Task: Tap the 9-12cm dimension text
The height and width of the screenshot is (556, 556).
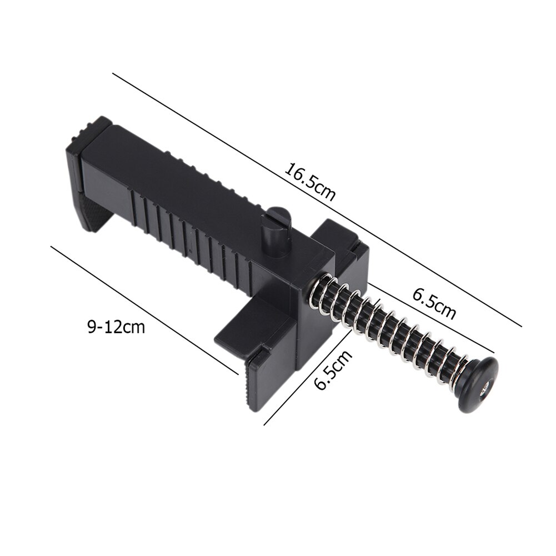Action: (116, 327)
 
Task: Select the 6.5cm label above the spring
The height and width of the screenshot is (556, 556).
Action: (434, 303)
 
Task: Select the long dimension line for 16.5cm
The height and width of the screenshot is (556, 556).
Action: (317, 200)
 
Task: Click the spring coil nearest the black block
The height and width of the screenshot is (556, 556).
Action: (321, 293)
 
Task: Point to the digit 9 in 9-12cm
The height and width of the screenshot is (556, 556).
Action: (91, 327)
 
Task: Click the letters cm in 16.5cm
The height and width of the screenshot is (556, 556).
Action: (327, 191)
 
